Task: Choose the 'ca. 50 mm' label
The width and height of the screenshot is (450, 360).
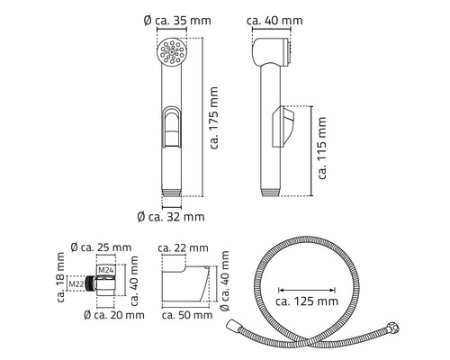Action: click(x=184, y=315)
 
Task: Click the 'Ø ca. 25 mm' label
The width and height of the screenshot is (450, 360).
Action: click(x=100, y=247)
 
